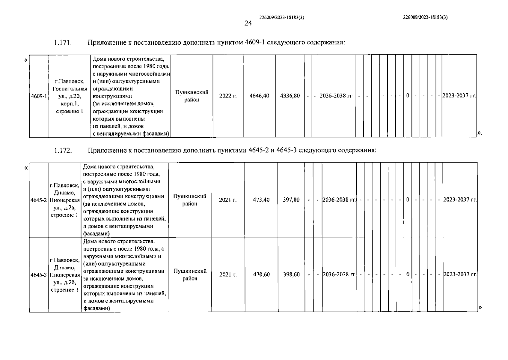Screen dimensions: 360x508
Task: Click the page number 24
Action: (x=248, y=23)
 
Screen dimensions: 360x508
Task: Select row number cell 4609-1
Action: (x=39, y=96)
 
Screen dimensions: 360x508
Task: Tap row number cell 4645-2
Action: (x=39, y=200)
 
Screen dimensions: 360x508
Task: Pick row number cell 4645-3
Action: (x=39, y=275)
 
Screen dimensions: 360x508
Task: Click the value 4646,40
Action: (x=260, y=96)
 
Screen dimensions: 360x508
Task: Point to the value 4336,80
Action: (x=290, y=96)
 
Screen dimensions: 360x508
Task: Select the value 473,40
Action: (x=261, y=200)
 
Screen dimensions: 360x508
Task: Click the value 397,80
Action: (x=291, y=200)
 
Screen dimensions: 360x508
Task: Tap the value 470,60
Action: (x=261, y=274)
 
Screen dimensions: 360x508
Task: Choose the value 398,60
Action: (x=291, y=274)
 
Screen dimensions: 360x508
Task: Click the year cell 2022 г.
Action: (x=228, y=96)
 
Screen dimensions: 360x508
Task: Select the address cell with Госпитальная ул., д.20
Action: (x=70, y=96)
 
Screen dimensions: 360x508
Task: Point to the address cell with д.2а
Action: (x=65, y=200)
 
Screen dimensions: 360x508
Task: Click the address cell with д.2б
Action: (x=65, y=275)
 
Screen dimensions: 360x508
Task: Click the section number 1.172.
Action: (x=63, y=150)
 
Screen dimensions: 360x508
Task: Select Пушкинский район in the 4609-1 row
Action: (x=192, y=96)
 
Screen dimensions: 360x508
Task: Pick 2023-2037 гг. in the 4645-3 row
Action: (x=460, y=274)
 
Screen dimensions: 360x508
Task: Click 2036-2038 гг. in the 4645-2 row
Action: (x=339, y=200)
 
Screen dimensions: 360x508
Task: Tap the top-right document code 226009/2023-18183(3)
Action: (x=426, y=17)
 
